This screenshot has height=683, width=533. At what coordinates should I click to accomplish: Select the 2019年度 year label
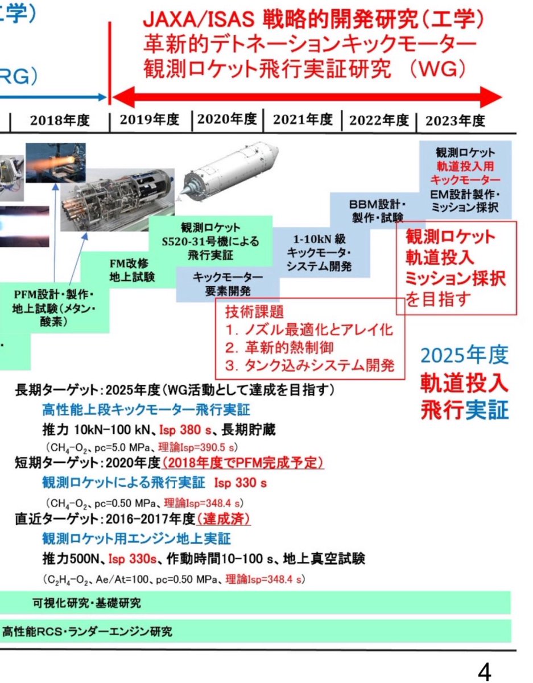click(x=150, y=120)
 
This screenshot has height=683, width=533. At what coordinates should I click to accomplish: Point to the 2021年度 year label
click(x=302, y=120)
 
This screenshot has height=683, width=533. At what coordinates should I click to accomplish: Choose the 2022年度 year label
click(x=379, y=120)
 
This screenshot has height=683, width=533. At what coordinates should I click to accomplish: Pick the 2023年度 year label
click(x=455, y=120)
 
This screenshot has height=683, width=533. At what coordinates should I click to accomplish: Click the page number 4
click(x=484, y=672)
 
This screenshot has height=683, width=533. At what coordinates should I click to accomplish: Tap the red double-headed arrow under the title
click(x=307, y=96)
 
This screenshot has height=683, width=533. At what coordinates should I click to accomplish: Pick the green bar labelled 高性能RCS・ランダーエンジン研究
click(x=256, y=631)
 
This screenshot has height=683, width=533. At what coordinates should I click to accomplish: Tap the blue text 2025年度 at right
click(x=464, y=356)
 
